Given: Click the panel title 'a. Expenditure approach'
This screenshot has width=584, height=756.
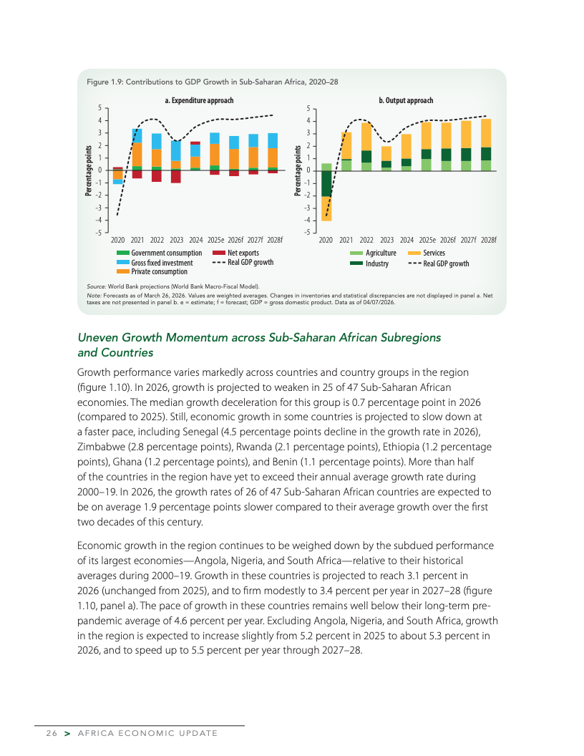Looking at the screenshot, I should pos(199,100).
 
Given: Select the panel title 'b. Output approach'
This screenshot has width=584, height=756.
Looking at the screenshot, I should pos(406,100).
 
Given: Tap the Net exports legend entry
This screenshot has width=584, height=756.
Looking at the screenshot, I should pos(243,253).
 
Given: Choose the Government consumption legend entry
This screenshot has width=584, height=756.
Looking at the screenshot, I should pos(166,253).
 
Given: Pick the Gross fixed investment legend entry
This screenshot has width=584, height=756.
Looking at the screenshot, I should pos(162,263).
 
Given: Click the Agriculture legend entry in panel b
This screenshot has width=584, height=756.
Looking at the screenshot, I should pos(380,253).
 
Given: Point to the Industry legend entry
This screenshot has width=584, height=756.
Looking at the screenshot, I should pos(376,263).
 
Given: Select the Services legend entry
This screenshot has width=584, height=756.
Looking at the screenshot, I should pos(434,253).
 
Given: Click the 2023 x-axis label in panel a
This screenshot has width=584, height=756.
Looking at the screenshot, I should pos(177,241).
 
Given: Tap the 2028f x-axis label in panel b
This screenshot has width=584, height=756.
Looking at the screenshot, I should pos(489,241).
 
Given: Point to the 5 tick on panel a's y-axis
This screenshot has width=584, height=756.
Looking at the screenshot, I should pos(99,108).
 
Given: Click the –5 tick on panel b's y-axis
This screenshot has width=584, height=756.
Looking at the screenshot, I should pos(306,232).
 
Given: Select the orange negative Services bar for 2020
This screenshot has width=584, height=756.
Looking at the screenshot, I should pos(326,208).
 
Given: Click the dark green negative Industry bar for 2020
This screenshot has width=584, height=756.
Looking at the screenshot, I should pos(326,183).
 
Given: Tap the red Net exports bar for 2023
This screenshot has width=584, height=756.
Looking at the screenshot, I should pos(176,176).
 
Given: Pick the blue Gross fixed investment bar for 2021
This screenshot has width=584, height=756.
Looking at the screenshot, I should pos(137,136).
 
